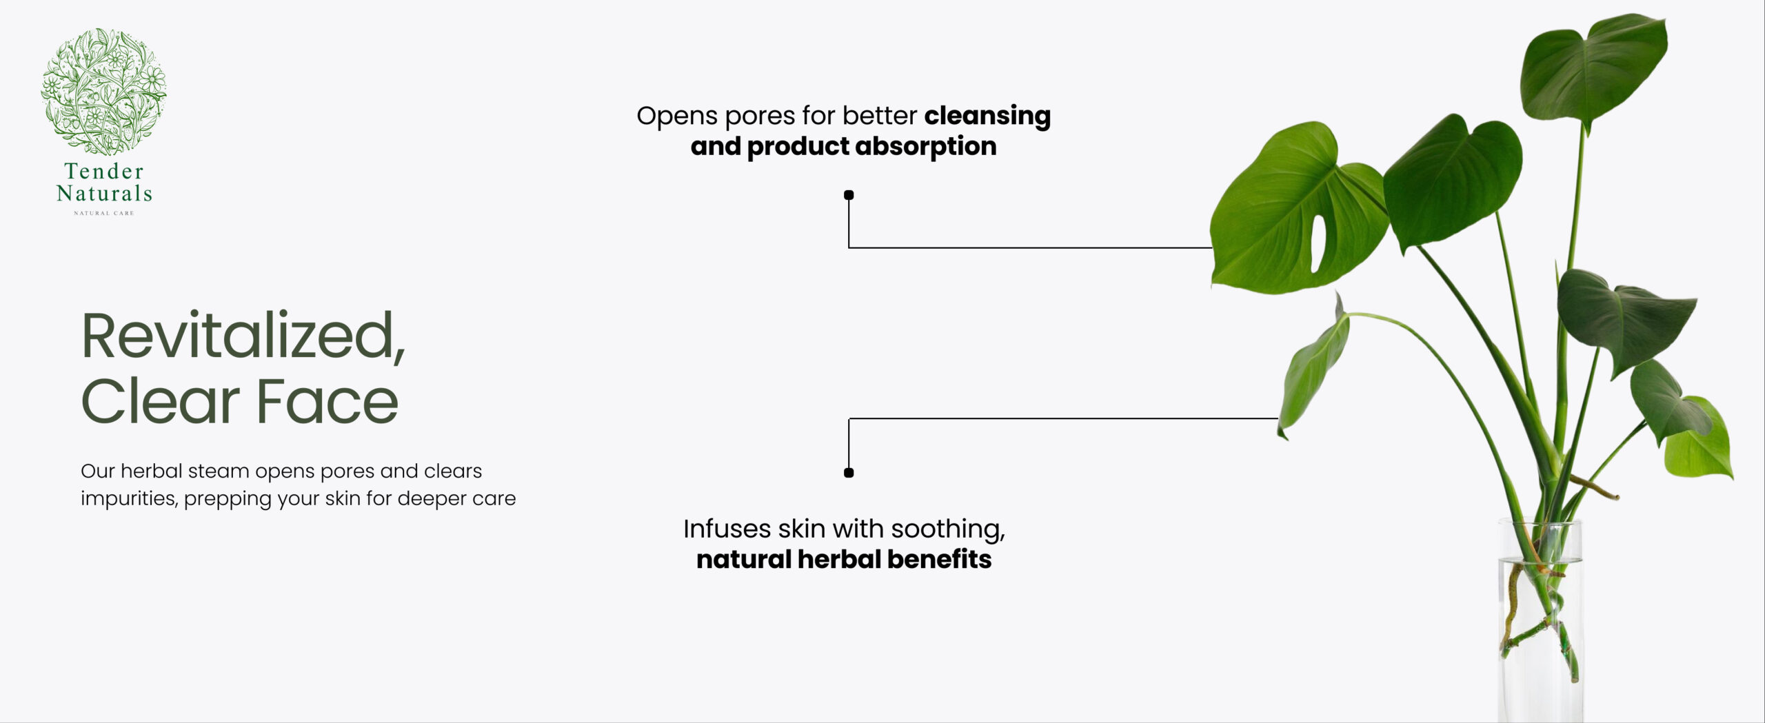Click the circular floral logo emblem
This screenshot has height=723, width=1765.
[x=103, y=91]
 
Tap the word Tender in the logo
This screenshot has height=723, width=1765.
[x=104, y=171]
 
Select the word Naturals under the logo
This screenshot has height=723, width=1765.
[x=104, y=193]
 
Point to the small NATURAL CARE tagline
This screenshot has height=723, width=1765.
[x=104, y=213]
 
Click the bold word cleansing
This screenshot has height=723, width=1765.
[x=987, y=116]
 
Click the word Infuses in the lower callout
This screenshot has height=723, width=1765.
[x=727, y=529]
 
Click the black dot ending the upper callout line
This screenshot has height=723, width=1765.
[x=849, y=195]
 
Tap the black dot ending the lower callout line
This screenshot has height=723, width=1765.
[x=849, y=473]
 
